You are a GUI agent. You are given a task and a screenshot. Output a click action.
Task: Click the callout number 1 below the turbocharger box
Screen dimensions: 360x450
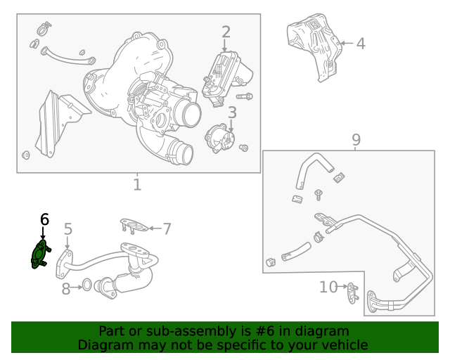click(x=137, y=185)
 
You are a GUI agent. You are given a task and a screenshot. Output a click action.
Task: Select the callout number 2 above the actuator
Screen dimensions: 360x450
click(x=226, y=32)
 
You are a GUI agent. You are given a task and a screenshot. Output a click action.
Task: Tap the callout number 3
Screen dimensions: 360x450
click(x=231, y=112)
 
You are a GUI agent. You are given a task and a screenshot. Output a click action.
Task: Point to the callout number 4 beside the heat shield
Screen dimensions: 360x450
click(x=360, y=44)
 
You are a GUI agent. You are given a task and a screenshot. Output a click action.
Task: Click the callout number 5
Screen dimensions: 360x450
click(x=68, y=229)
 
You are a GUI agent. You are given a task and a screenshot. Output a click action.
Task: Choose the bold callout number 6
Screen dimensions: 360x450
click(x=44, y=219)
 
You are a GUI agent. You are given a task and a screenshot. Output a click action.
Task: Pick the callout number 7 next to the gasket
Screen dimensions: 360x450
click(x=167, y=228)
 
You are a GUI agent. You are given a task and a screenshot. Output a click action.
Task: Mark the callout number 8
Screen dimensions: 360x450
click(x=66, y=288)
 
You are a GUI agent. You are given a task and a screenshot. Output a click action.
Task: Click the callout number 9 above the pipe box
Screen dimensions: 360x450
click(x=356, y=139)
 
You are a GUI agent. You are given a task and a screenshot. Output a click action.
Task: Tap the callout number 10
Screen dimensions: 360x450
click(x=328, y=287)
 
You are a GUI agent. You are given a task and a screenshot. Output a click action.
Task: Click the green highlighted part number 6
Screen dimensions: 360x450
click(x=39, y=254)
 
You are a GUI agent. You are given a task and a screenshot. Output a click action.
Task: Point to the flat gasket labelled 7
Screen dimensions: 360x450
click(x=134, y=226)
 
